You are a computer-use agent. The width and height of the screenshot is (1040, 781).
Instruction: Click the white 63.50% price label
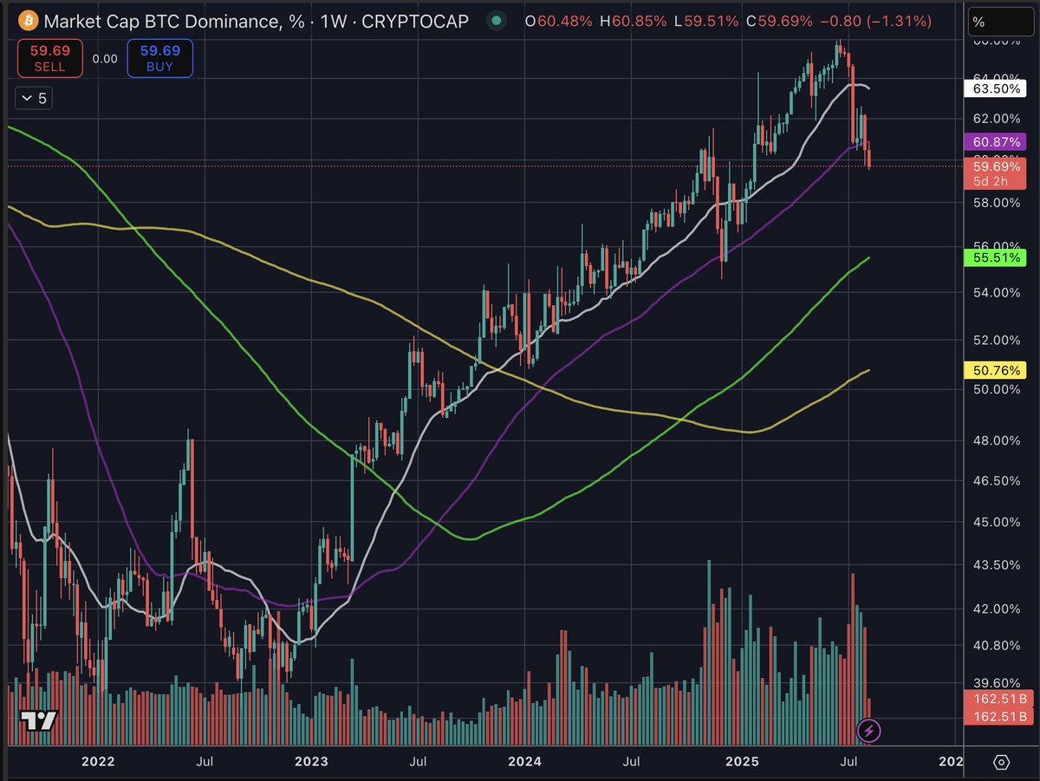(x=995, y=88)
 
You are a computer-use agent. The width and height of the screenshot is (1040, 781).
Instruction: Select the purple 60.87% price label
(x=995, y=141)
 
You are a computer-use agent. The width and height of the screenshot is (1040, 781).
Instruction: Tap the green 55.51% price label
(x=995, y=257)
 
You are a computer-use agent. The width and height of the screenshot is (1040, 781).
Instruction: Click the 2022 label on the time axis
(x=98, y=762)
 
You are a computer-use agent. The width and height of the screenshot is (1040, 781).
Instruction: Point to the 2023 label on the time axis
(x=311, y=762)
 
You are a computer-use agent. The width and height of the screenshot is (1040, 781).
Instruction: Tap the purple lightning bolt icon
(x=870, y=731)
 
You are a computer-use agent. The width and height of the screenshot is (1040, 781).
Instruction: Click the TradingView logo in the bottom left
(x=39, y=720)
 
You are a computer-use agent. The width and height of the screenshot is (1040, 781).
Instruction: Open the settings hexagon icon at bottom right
(x=1002, y=762)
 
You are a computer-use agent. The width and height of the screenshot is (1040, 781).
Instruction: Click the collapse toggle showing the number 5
(x=35, y=99)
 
